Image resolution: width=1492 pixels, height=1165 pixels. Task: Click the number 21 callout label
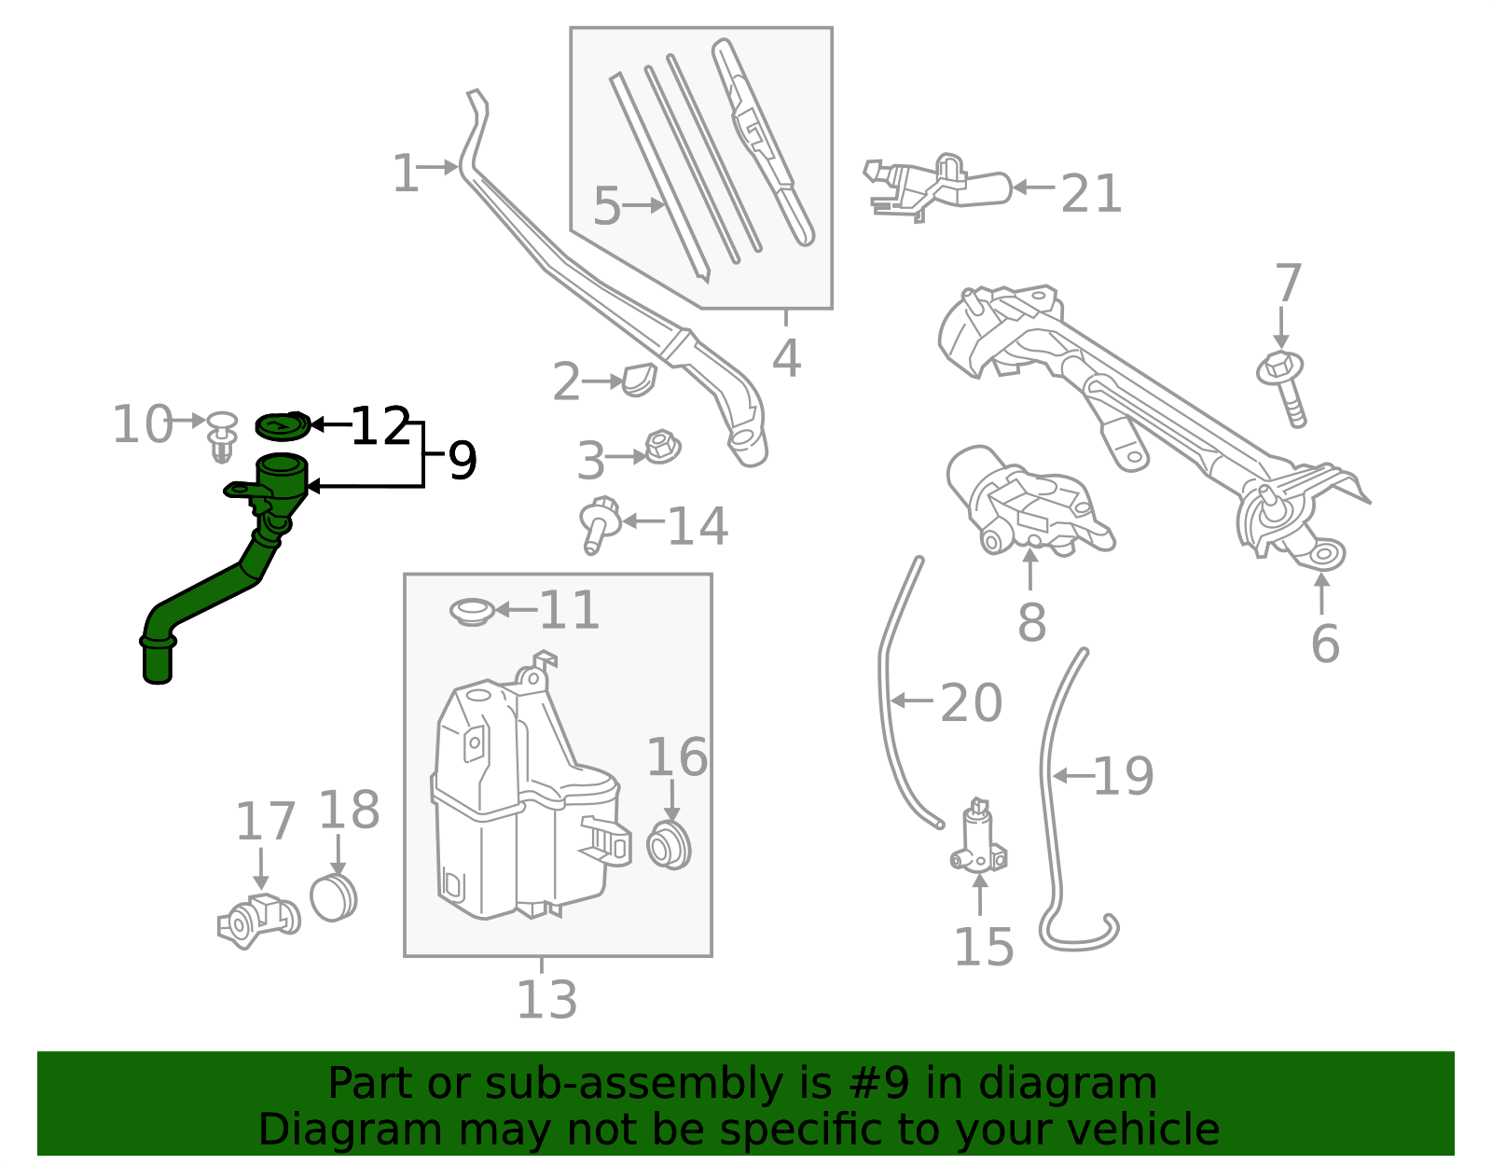pyautogui.click(x=1090, y=194)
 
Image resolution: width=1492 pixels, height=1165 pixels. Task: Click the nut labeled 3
pyautogui.click(x=662, y=449)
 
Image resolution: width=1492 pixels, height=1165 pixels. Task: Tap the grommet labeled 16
pyautogui.click(x=668, y=846)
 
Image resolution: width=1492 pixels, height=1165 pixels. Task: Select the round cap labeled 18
pyautogui.click(x=334, y=897)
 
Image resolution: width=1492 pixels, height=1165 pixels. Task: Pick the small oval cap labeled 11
pyautogui.click(x=473, y=612)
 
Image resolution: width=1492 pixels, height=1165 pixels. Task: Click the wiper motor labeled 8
pyautogui.click(x=1026, y=504)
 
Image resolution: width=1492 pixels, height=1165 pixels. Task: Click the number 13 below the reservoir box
pyautogui.click(x=546, y=1000)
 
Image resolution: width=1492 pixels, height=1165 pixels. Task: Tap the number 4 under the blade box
pyautogui.click(x=786, y=358)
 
